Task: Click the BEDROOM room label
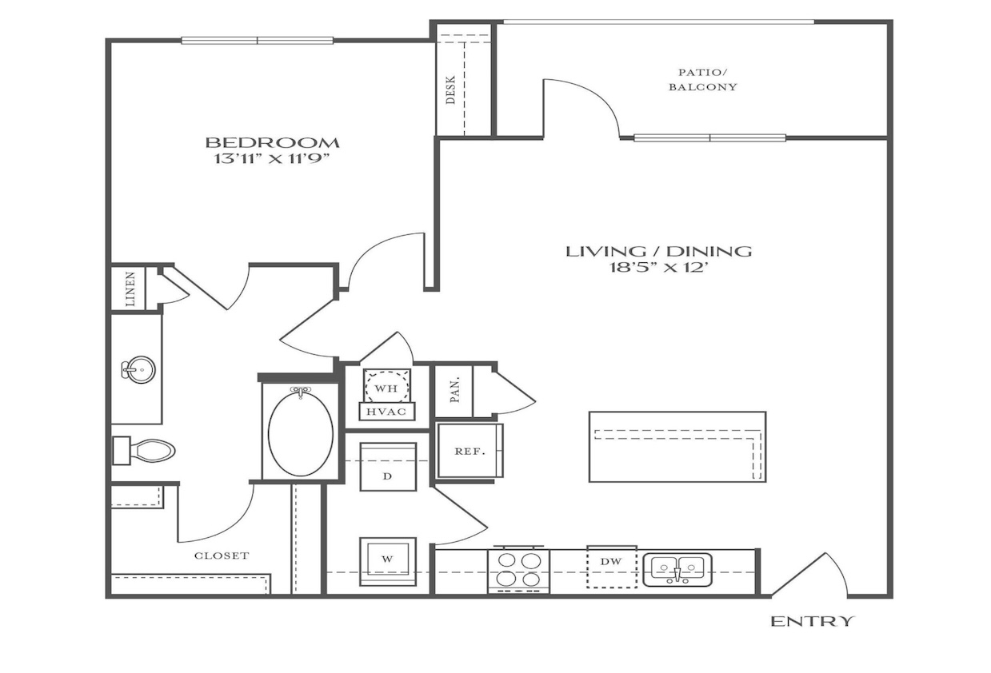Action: coord(273,143)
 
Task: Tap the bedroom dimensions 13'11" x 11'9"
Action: coord(273,159)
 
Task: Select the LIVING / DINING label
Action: coord(659,252)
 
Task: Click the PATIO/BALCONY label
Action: coord(703,80)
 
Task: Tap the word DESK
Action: coord(451,90)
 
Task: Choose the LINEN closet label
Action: coord(130,289)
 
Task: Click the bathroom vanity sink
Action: coord(138,369)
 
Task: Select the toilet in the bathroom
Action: coord(144,451)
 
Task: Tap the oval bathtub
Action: coord(301,433)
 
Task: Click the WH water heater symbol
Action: coord(386,387)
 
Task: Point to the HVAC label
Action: coord(386,412)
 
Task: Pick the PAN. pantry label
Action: coord(455,389)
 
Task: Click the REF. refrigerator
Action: coord(470,451)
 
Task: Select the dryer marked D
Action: coord(388,467)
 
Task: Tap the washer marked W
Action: coord(388,562)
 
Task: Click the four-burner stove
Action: coord(518,571)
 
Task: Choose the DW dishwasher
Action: coord(612,567)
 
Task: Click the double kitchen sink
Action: coord(677,570)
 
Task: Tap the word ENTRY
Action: coord(813,622)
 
